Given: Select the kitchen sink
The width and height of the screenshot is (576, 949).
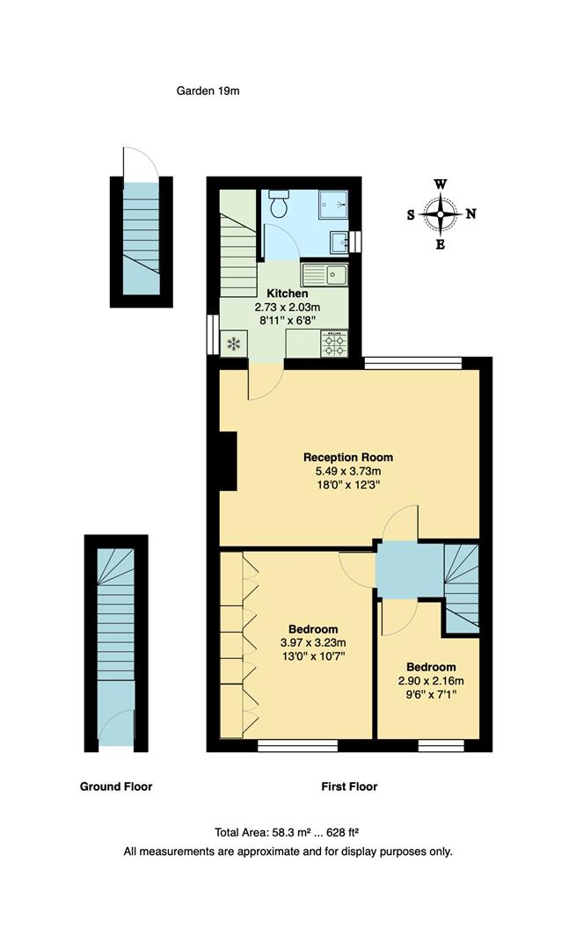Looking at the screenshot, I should [x=336, y=275].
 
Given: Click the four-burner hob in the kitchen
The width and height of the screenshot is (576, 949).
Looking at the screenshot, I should [x=334, y=344].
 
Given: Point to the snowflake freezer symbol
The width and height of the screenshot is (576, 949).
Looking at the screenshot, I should [x=235, y=344].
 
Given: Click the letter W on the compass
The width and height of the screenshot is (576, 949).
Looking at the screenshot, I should [x=441, y=184].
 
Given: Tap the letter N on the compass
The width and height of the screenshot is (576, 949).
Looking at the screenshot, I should [x=470, y=214].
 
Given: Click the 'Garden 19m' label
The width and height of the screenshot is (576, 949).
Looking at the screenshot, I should [x=208, y=91].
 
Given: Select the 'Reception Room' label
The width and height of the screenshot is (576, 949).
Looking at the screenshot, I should [x=348, y=457].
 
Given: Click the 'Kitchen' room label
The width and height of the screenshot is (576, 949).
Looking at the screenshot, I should [x=288, y=293].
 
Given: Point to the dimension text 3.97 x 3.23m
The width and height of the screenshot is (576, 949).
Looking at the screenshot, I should [x=313, y=642].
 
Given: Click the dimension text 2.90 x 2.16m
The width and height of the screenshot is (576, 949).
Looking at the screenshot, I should [x=430, y=680].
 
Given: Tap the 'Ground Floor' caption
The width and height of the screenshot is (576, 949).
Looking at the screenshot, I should [x=116, y=786].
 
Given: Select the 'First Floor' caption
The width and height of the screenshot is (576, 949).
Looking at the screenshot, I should [x=349, y=786].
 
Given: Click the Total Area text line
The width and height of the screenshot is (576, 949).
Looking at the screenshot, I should [x=288, y=832].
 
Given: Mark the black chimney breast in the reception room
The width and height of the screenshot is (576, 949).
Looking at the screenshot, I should [x=228, y=460].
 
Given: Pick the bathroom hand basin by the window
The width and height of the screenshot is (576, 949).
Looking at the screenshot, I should [x=339, y=241].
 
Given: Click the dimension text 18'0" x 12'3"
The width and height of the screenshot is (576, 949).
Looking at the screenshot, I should [x=348, y=484].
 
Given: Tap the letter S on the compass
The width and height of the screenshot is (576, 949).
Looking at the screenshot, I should [x=411, y=214].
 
